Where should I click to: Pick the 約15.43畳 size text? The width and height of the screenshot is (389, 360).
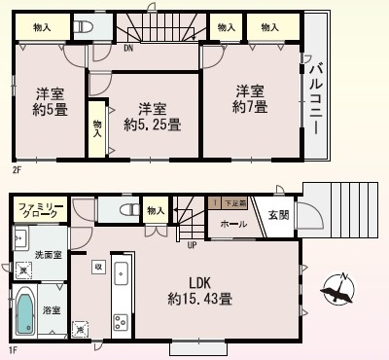pyautogui.click(x=199, y=299)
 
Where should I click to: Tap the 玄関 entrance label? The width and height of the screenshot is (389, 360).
pyautogui.click(x=278, y=215)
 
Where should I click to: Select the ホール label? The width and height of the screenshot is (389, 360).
pyautogui.click(x=232, y=225)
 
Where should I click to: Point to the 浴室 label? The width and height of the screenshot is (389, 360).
pyautogui.click(x=52, y=310)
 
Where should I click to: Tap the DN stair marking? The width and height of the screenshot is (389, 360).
pyautogui.click(x=129, y=47)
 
